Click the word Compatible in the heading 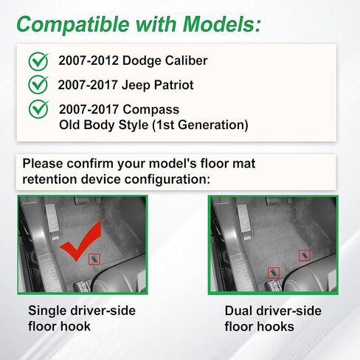click(x=73, y=24)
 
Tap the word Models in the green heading click(x=221, y=24)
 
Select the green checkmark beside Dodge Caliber click(x=38, y=61)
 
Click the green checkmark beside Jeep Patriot click(x=38, y=85)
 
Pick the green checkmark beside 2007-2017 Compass click(x=38, y=109)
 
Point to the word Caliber click(x=186, y=60)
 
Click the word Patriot click(x=173, y=85)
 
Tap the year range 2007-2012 click(x=89, y=60)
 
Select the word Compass click(x=151, y=110)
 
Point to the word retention click(x=49, y=179)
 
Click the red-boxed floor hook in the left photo click(x=94, y=259)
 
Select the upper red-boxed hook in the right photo click(x=305, y=255)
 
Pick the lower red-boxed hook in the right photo click(x=274, y=273)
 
